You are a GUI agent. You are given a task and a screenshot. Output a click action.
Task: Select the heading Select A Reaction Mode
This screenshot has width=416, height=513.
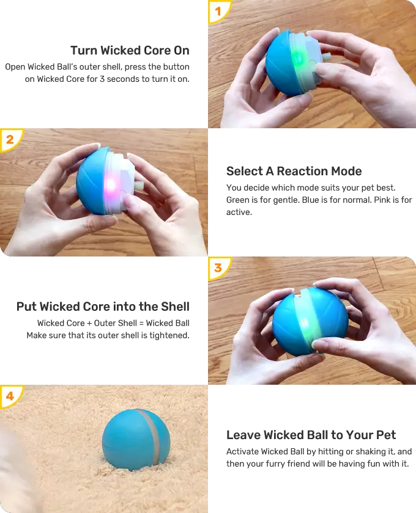click(293, 171)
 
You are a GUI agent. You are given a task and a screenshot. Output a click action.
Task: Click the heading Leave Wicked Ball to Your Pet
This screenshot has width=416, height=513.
click(311, 435)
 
